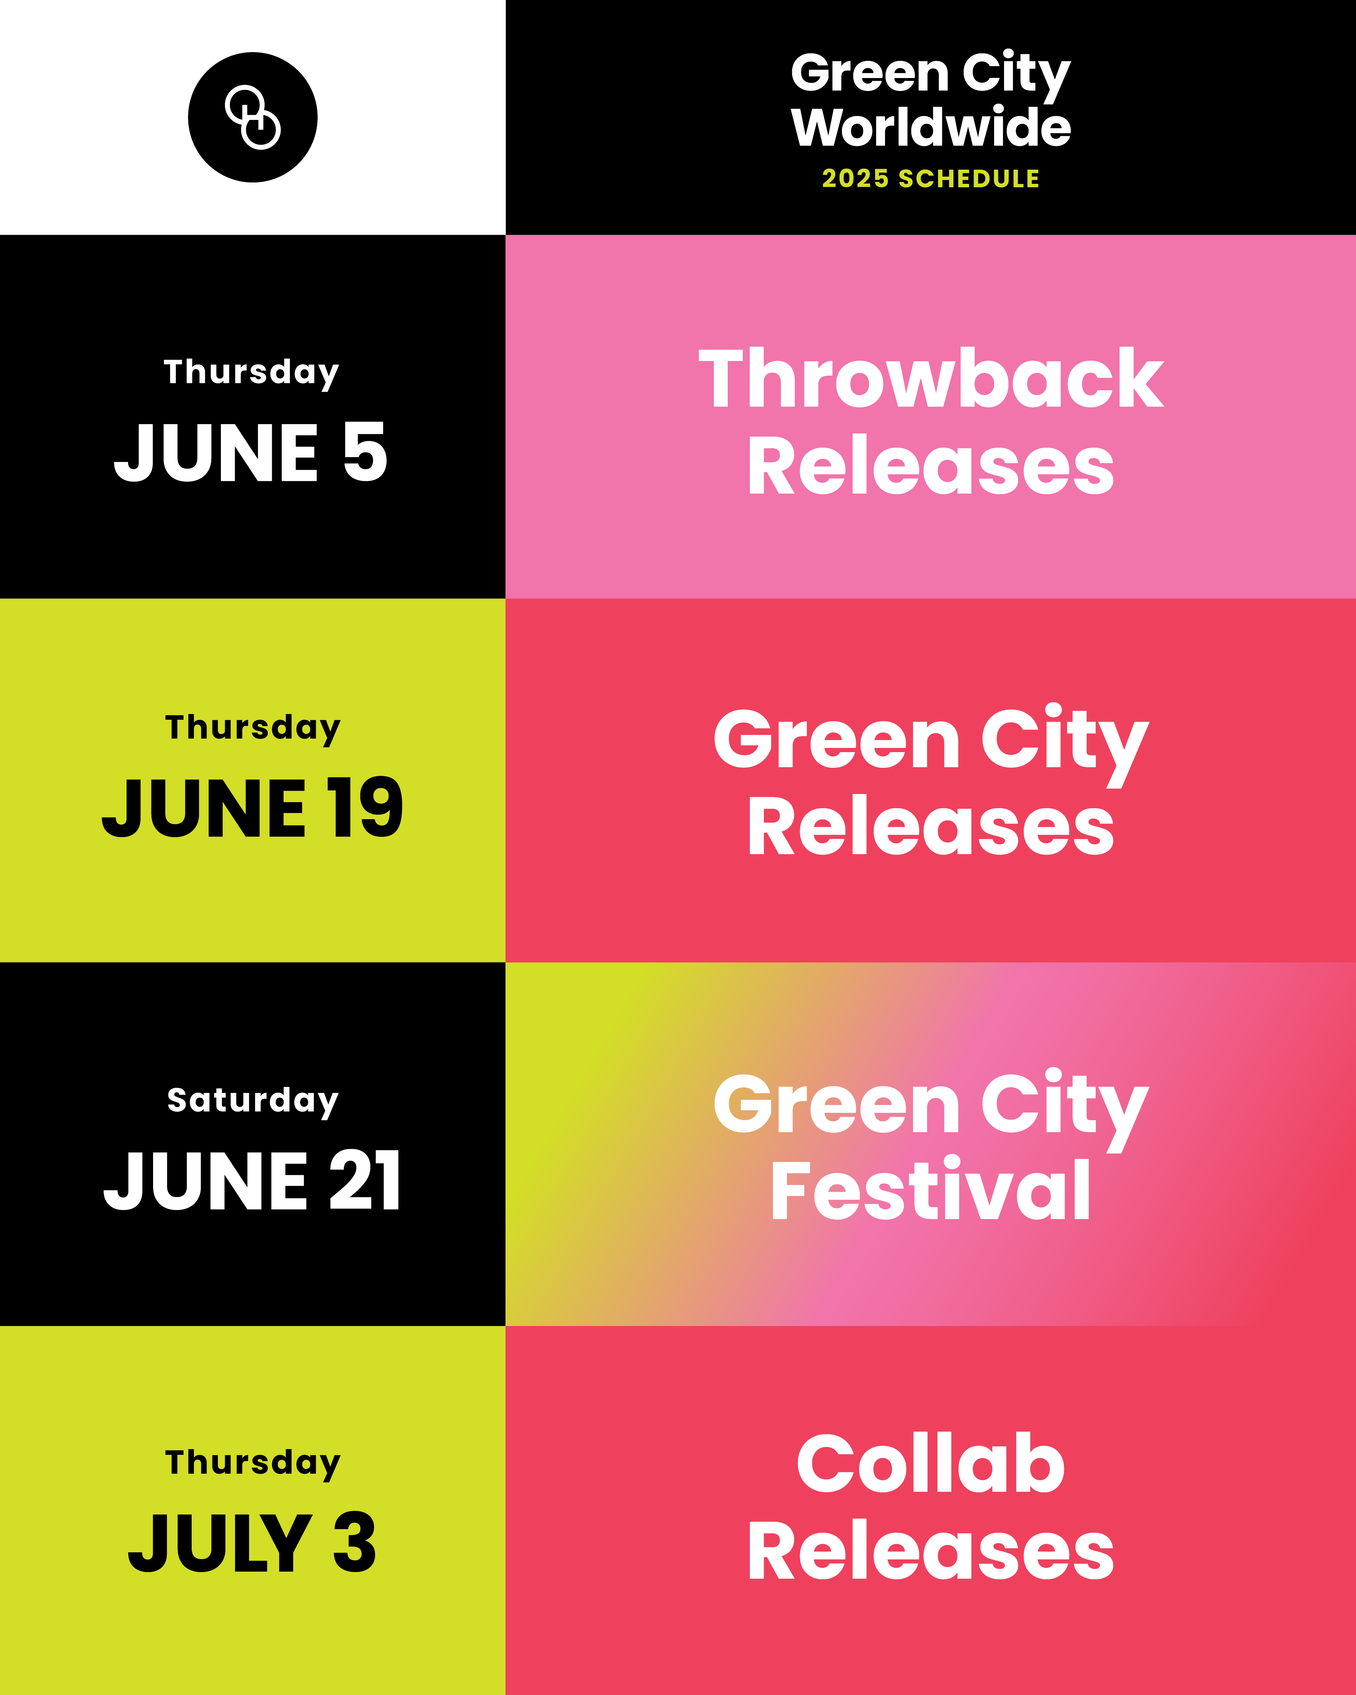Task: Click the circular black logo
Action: [252, 117]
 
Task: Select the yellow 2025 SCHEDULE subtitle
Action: [931, 178]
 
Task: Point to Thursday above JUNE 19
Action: [252, 728]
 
